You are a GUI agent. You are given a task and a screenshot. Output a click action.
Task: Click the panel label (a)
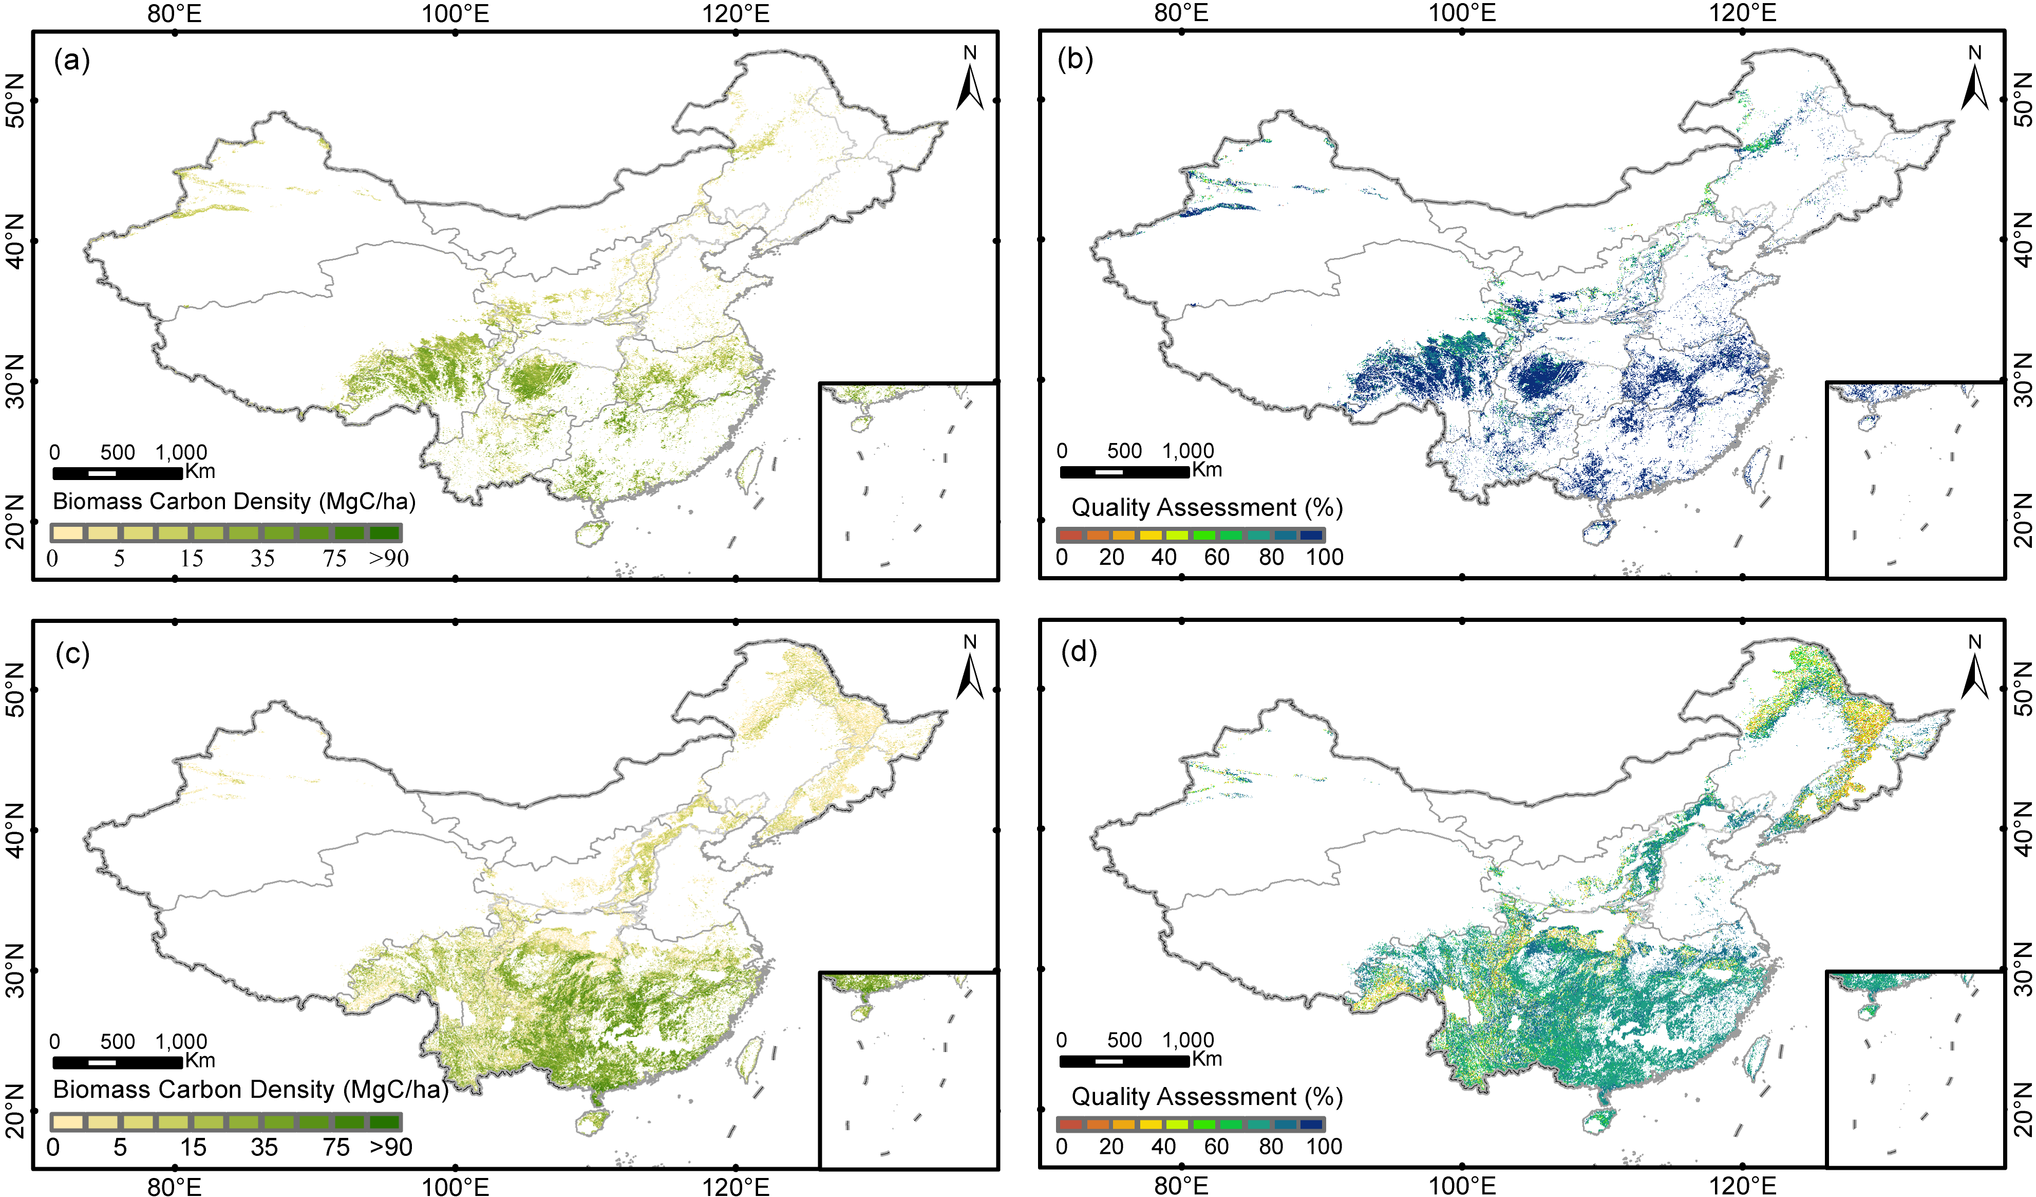pyautogui.click(x=72, y=60)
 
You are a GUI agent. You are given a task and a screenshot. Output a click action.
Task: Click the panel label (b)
pyautogui.click(x=1076, y=59)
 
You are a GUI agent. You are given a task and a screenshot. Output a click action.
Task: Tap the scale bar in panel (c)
pyautogui.click(x=117, y=1062)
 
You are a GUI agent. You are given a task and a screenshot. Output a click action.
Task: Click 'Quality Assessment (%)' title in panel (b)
pyautogui.click(x=1206, y=508)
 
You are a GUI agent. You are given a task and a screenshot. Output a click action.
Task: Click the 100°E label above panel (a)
pyautogui.click(x=456, y=13)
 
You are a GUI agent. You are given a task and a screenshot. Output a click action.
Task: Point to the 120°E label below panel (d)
pyautogui.click(x=1742, y=1186)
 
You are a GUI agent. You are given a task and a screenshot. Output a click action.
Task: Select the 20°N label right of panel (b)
pyautogui.click(x=2022, y=521)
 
